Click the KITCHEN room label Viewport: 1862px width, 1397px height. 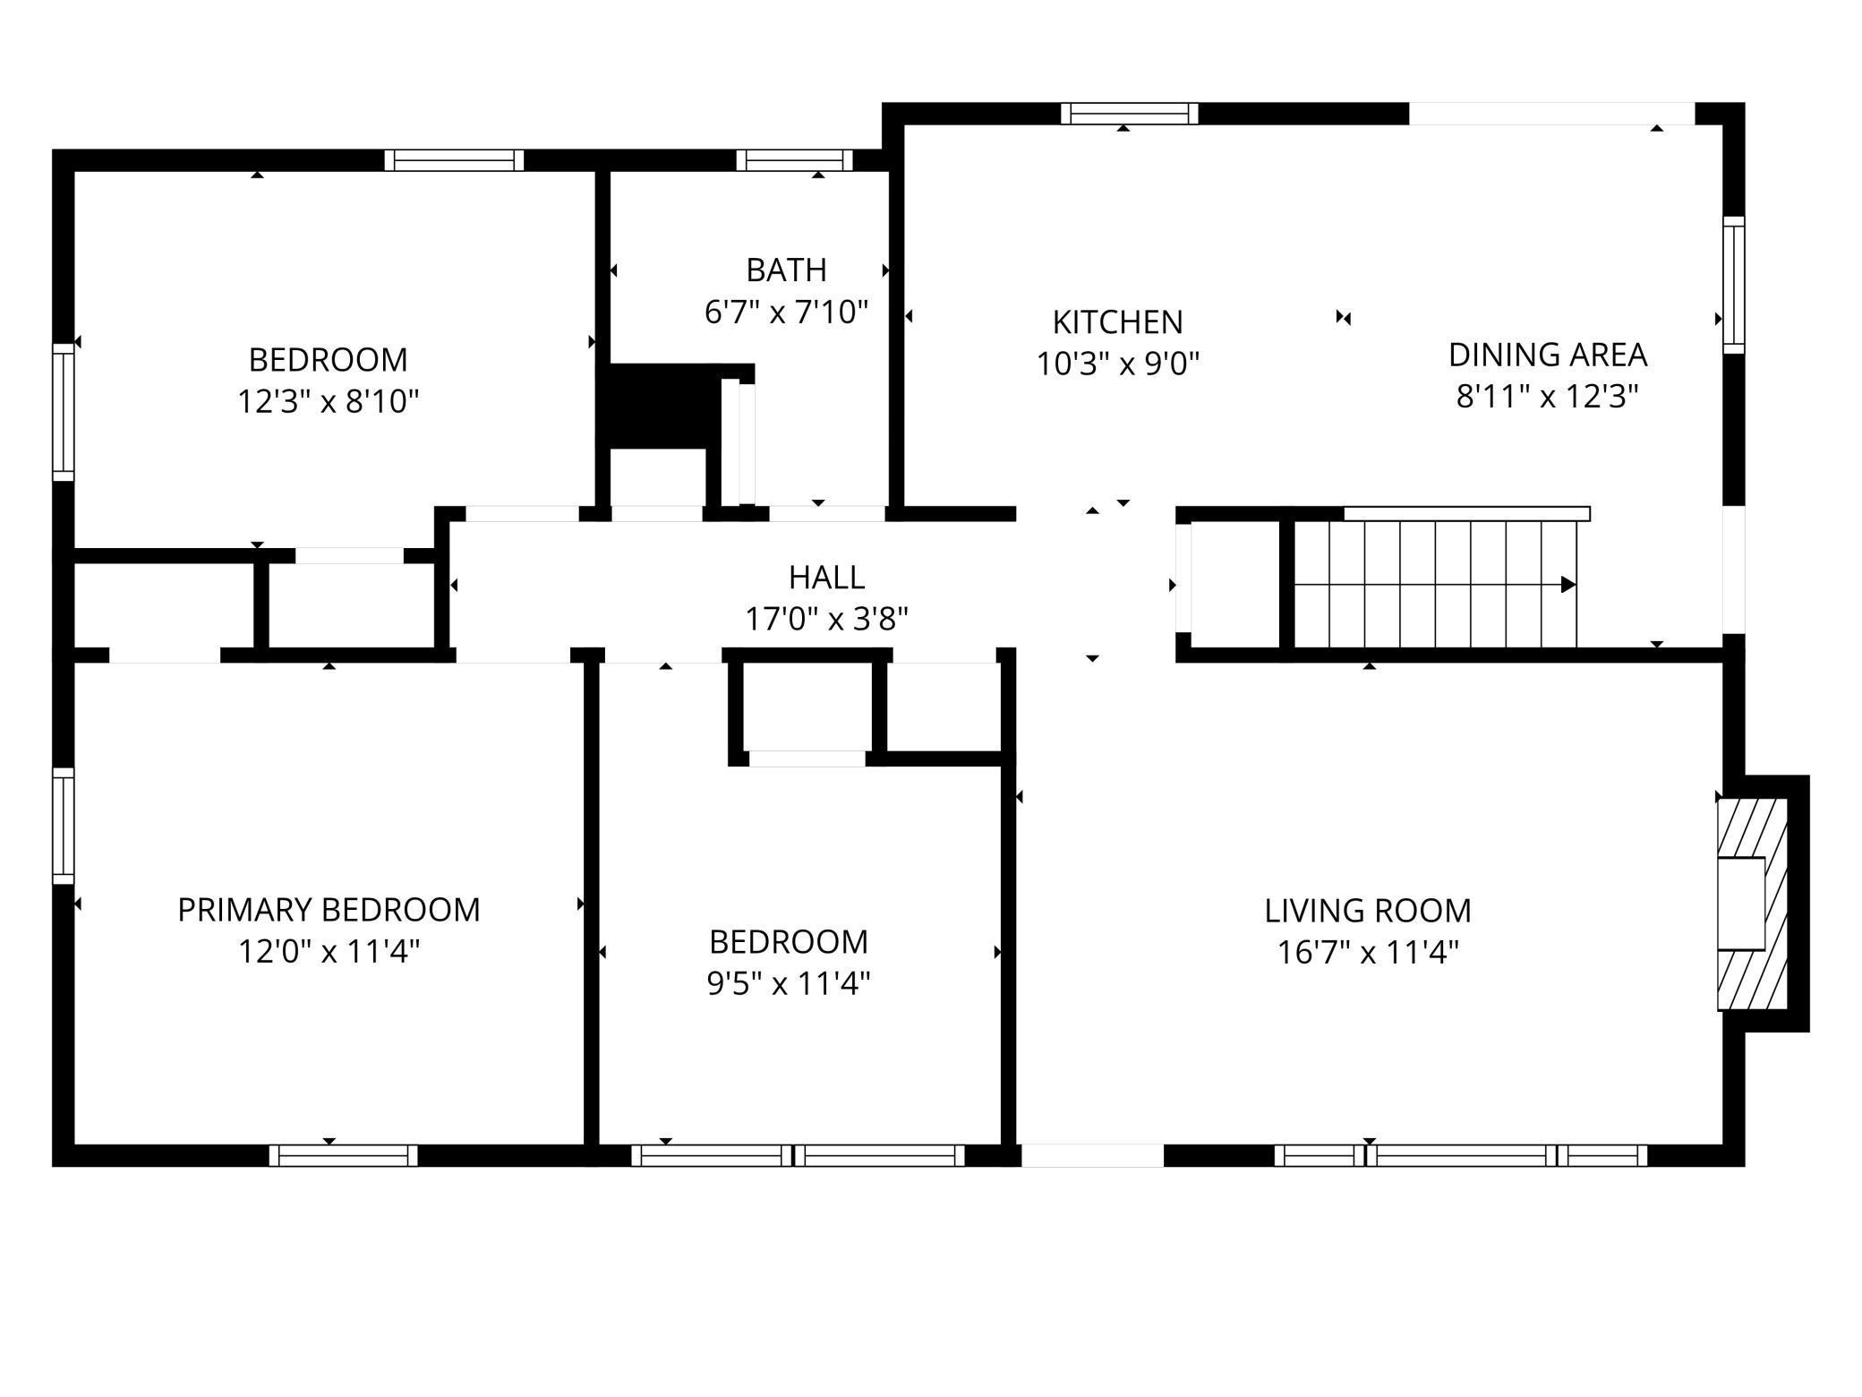[1117, 321]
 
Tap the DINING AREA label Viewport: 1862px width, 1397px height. [1548, 355]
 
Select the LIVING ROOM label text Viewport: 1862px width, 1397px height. [1368, 911]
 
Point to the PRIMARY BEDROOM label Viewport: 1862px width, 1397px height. [329, 910]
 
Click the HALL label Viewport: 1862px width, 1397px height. [826, 578]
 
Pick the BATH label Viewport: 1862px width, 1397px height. [786, 270]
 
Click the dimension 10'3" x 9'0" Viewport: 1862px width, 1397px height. [1117, 364]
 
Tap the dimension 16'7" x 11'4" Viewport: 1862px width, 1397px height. [1368, 952]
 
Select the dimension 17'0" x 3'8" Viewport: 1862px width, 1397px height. [826, 619]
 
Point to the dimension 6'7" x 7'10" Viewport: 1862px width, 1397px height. [786, 312]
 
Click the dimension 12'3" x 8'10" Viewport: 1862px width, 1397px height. [328, 401]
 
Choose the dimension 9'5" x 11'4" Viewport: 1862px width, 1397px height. [788, 983]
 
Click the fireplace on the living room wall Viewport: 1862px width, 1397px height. [1752, 904]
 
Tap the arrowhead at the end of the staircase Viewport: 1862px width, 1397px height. [1568, 585]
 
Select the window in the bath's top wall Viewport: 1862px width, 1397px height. [794, 160]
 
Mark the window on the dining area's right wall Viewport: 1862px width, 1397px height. [1734, 285]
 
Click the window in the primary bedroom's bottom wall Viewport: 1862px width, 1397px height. [344, 1155]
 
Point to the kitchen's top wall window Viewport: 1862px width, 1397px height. [1130, 114]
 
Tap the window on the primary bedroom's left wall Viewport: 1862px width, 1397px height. [63, 826]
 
